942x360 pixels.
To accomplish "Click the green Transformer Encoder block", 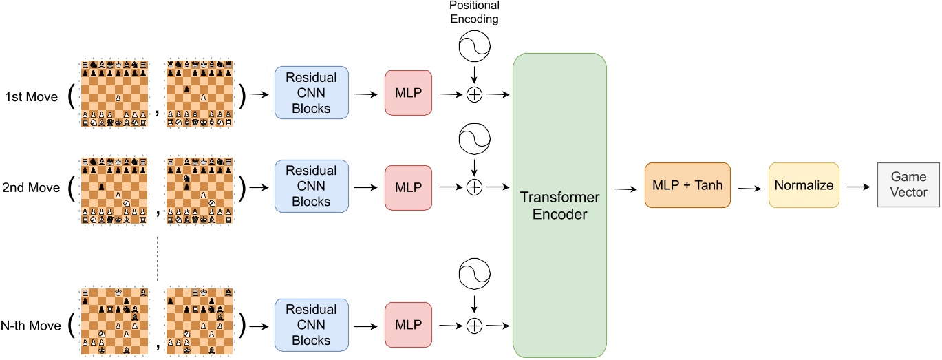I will pyautogui.click(x=559, y=205).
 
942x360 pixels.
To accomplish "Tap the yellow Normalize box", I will pyautogui.click(x=804, y=186).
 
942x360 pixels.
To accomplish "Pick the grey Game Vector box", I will pyautogui.click(x=908, y=186).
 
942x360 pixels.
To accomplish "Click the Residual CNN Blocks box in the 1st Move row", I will pyautogui.click(x=312, y=92).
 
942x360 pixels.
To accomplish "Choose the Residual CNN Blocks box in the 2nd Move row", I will pyautogui.click(x=312, y=186).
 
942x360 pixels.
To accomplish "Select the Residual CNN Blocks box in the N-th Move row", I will pyautogui.click(x=312, y=324).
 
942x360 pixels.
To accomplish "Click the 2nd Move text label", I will pyautogui.click(x=32, y=187).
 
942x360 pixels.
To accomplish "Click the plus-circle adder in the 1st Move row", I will pyautogui.click(x=474, y=94).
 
